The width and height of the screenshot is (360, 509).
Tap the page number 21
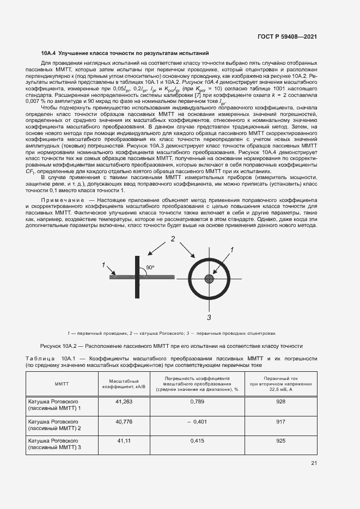(314, 463)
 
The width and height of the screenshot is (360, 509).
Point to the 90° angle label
(150, 267)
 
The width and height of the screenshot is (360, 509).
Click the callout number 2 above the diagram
(172, 239)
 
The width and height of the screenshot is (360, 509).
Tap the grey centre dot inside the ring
(209, 279)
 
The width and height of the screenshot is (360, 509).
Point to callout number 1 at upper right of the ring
(231, 249)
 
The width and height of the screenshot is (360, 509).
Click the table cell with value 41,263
(124, 401)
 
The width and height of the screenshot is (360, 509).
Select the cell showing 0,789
(197, 401)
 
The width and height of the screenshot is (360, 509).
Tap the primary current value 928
(280, 401)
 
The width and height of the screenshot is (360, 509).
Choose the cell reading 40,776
(124, 421)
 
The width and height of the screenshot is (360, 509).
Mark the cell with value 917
(280, 421)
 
